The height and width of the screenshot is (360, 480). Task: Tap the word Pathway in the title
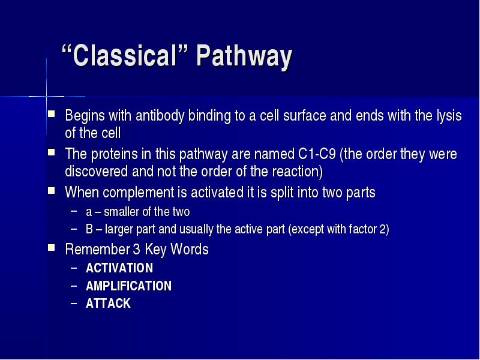[x=244, y=56]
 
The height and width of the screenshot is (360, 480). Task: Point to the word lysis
[x=449, y=116]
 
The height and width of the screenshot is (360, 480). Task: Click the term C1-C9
[x=317, y=154]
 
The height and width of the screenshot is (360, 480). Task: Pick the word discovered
[x=96, y=171]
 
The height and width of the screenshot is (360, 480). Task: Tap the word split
[x=284, y=193]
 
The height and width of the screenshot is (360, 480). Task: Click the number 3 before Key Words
[x=136, y=249]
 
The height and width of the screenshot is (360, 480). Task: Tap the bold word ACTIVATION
[x=119, y=268]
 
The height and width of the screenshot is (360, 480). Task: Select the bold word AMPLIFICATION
[x=128, y=286]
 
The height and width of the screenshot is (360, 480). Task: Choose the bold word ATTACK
[x=108, y=304]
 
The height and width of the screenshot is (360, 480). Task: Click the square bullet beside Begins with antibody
[x=52, y=114]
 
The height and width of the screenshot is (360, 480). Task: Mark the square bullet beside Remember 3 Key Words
[x=52, y=247]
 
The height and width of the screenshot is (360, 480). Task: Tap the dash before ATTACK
[x=74, y=304]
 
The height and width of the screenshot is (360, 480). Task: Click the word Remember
[x=97, y=249]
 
